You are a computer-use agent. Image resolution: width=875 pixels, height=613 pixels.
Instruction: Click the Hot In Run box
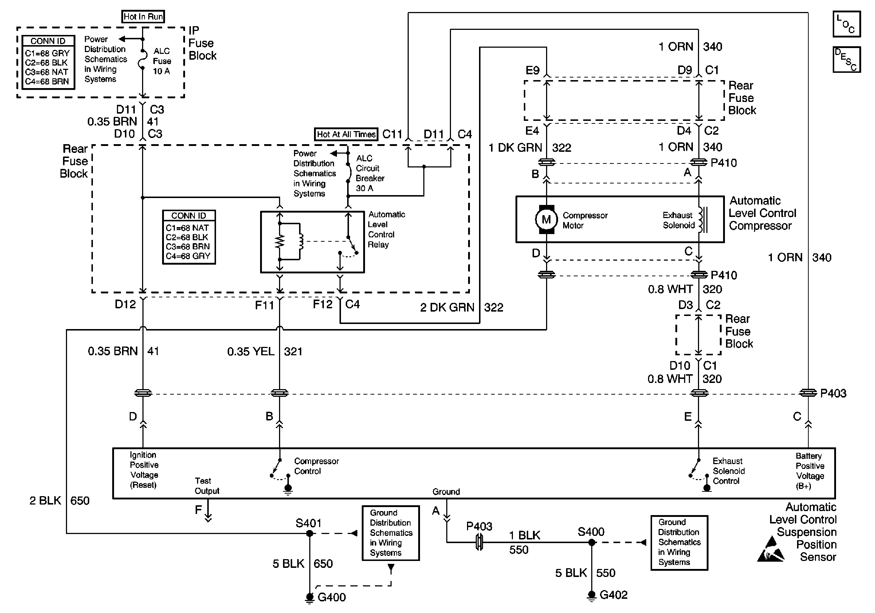pos(143,17)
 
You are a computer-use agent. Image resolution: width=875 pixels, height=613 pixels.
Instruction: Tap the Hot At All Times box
pos(346,134)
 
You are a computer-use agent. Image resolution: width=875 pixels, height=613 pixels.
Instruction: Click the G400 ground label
pos(331,597)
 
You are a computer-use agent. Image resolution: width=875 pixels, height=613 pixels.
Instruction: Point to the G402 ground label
pos(613,595)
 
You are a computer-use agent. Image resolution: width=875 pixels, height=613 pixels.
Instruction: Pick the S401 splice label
pos(308,523)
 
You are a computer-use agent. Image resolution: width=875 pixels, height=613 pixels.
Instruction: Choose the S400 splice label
pos(591,531)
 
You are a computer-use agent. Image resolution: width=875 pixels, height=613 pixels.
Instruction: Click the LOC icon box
pos(847,24)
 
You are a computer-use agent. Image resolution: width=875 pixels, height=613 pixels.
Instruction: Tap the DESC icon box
pos(847,59)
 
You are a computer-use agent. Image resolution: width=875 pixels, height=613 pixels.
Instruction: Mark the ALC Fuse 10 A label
pos(162,61)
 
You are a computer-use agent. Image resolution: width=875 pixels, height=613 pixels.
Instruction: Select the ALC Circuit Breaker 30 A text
pos(370,173)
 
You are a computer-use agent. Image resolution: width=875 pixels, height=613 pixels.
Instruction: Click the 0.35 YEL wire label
pos(251,351)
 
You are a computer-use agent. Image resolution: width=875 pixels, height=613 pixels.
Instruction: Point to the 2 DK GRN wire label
pos(447,307)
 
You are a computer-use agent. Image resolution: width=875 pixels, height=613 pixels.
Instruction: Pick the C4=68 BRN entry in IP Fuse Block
pos(47,82)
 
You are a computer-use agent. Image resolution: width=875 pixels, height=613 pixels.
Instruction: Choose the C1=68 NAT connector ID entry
pos(187,228)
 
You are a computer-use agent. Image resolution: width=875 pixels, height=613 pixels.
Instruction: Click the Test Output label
pos(207,486)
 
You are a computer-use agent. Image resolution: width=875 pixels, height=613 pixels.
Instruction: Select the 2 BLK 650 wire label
pos(59,500)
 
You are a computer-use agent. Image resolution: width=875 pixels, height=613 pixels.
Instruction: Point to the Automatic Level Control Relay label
pos(386,230)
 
